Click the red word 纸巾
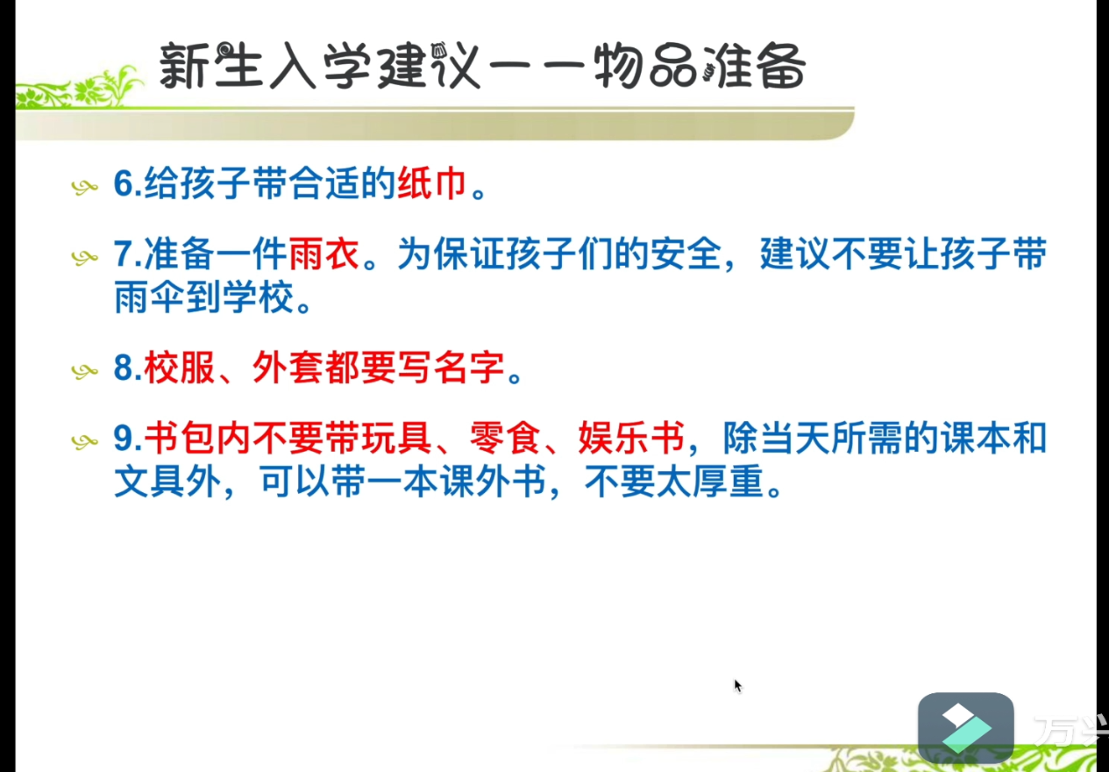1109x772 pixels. tap(431, 184)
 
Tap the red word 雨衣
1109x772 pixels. tap(323, 254)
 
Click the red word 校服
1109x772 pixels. tap(179, 368)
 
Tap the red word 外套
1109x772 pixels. tap(288, 368)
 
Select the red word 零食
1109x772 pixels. tap(504, 438)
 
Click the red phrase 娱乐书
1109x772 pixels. tap(631, 438)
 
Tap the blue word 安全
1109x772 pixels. tap(686, 254)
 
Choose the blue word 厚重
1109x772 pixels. tap(728, 481)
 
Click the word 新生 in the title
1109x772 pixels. tap(210, 66)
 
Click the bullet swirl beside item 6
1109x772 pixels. tap(85, 188)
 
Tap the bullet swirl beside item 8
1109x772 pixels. tap(85, 371)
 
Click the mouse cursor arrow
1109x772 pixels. tap(737, 686)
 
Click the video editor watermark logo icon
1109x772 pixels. tap(965, 728)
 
